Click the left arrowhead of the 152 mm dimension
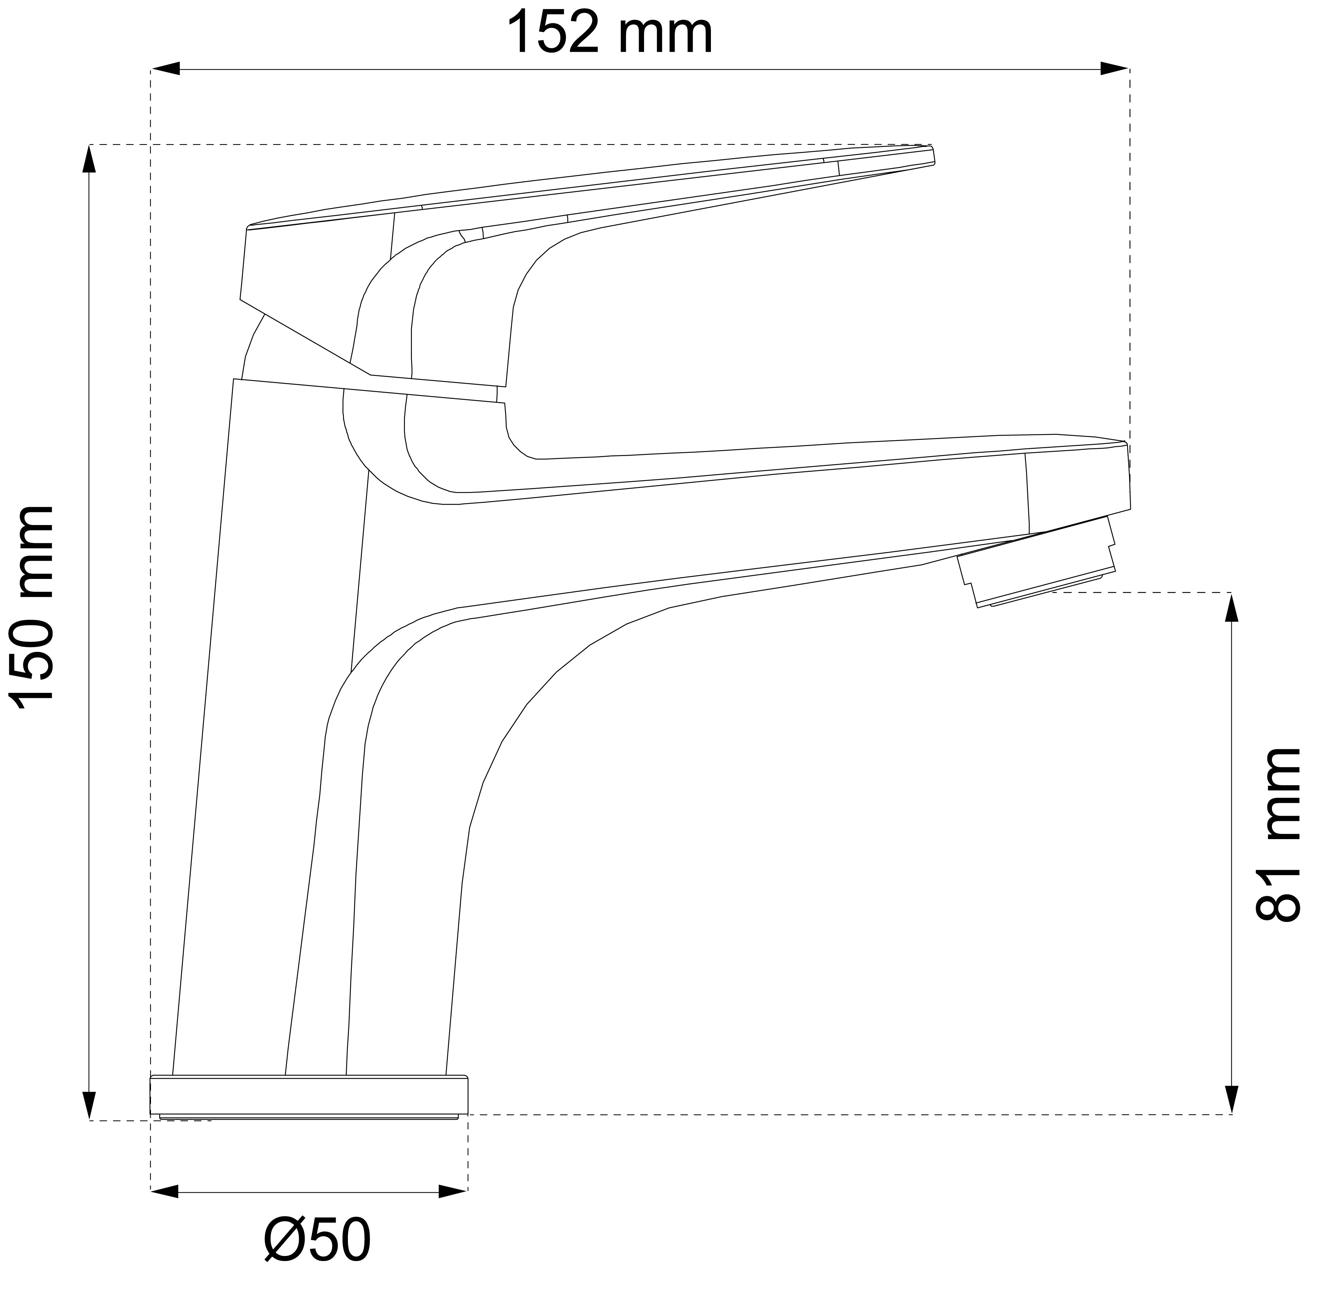tap(165, 69)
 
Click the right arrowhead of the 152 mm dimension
tap(1115, 69)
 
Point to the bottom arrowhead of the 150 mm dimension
tap(89, 1105)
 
